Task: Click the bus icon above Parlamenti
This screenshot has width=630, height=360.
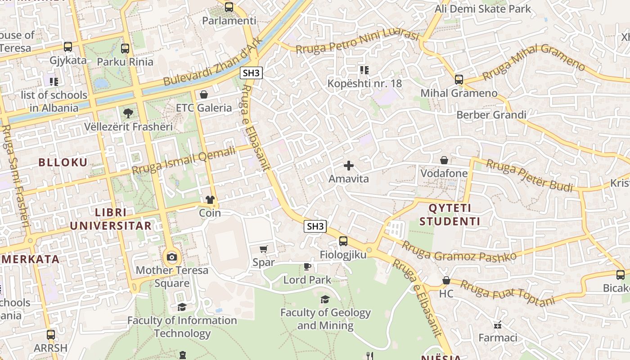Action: click(x=229, y=7)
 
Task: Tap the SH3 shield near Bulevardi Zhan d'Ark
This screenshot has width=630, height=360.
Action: click(x=251, y=73)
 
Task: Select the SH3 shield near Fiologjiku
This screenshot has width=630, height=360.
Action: click(x=315, y=226)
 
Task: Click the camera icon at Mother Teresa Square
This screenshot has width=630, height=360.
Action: click(x=171, y=257)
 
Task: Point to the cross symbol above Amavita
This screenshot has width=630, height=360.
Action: click(x=349, y=166)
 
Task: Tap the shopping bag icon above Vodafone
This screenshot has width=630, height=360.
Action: click(x=444, y=160)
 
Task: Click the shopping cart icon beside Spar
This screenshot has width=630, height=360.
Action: click(x=264, y=249)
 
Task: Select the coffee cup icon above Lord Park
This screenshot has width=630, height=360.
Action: click(x=307, y=266)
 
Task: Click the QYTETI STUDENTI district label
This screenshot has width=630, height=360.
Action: click(x=454, y=215)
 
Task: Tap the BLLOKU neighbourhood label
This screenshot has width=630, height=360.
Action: click(x=63, y=162)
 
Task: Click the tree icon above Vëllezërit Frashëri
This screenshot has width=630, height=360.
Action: click(x=128, y=113)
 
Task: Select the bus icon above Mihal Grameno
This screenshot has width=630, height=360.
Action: click(x=459, y=80)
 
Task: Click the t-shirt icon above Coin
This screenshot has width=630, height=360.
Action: click(x=210, y=200)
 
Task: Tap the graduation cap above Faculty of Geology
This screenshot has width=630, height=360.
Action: click(x=325, y=299)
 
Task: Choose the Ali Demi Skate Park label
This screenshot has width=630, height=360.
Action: click(x=483, y=9)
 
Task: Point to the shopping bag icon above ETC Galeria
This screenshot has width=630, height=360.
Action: click(x=204, y=94)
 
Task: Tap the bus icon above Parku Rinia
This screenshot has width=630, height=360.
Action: click(x=125, y=48)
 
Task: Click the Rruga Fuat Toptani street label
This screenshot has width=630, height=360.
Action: click(x=508, y=293)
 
